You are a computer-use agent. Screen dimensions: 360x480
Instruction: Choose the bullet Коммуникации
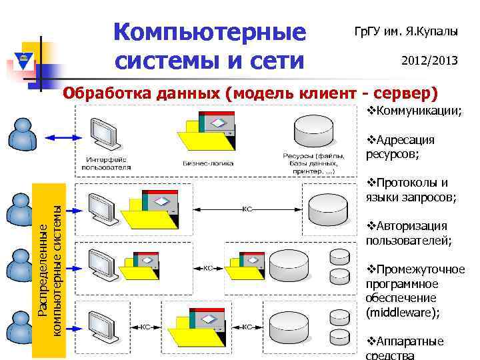pos(415,110)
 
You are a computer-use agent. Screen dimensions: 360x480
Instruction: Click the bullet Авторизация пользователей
pos(407,233)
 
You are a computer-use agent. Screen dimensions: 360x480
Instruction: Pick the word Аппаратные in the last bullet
pos(409,341)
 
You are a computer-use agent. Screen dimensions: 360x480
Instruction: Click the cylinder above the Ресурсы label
pos(313,131)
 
